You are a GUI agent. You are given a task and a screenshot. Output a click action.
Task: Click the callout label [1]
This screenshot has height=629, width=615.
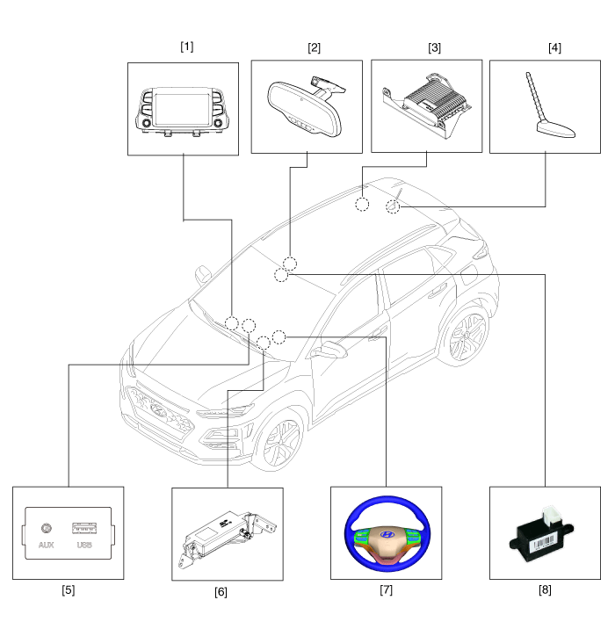(186, 47)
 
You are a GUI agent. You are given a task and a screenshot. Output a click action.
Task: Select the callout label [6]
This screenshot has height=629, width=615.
(221, 591)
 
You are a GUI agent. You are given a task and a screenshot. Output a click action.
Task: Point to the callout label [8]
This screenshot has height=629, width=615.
(545, 589)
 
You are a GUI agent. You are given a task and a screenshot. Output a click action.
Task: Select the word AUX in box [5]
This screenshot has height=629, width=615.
(47, 545)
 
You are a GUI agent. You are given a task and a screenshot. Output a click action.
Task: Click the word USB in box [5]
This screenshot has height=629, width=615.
(84, 545)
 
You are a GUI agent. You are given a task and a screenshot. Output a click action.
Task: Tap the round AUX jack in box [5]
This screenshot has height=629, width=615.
(47, 529)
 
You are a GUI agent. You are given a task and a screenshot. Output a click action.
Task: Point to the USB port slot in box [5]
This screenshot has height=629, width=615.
(84, 528)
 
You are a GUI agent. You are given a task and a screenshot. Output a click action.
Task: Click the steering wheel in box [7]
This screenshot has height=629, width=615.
(385, 534)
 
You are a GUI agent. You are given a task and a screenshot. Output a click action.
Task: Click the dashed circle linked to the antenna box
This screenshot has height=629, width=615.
(393, 206)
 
